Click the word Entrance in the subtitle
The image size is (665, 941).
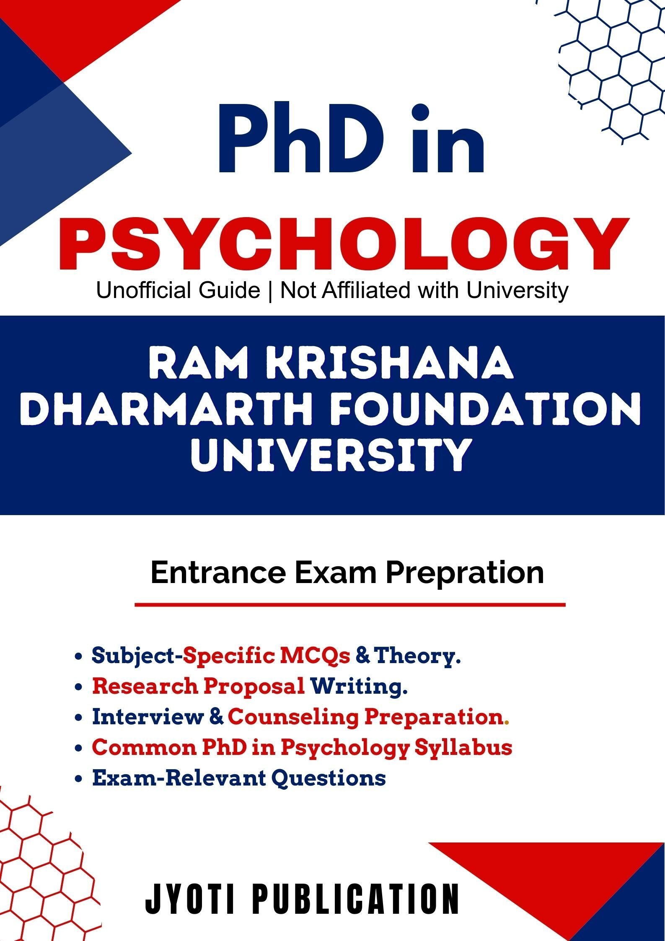pyautogui.click(x=218, y=573)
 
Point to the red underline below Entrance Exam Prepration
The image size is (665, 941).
pyautogui.click(x=350, y=605)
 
